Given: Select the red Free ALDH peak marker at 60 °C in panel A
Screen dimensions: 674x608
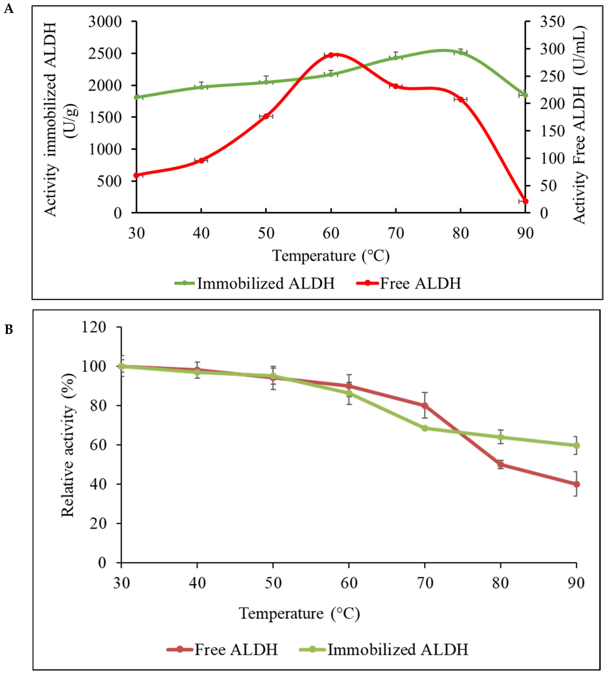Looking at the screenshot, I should click(331, 55).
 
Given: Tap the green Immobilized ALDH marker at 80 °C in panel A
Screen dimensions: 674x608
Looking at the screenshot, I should click(461, 52).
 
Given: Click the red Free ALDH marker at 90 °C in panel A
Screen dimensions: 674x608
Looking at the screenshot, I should click(525, 201).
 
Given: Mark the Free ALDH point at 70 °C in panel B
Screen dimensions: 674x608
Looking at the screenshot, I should click(425, 406).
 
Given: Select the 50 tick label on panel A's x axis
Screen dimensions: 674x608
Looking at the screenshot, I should click(266, 233).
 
